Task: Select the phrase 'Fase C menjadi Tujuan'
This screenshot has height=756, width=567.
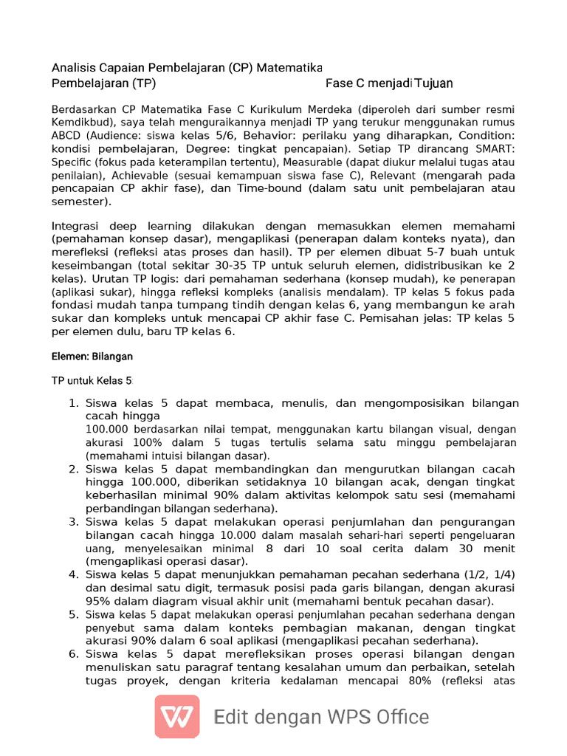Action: click(x=389, y=83)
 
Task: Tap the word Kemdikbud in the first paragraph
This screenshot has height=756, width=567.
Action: click(x=81, y=121)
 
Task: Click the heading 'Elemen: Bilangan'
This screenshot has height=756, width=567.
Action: click(x=92, y=357)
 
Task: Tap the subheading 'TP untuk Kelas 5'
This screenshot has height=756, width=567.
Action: click(x=92, y=381)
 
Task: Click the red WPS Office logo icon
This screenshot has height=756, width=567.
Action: click(x=176, y=716)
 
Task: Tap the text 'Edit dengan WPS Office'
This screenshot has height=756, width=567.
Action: click(x=321, y=717)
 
